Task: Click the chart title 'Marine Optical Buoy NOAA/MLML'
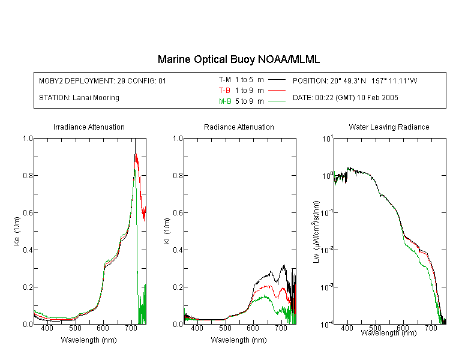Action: tap(238, 59)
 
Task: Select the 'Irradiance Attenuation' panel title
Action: tap(89, 127)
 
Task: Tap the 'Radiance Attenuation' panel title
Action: tap(239, 127)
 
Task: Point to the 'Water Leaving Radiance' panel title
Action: tap(389, 127)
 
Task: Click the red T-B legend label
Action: tap(224, 91)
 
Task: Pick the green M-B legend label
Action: tap(225, 101)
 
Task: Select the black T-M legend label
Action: tap(225, 80)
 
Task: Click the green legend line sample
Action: tap(277, 101)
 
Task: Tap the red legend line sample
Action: tap(277, 91)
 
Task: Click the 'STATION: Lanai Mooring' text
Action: tap(79, 98)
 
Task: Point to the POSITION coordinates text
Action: tap(355, 80)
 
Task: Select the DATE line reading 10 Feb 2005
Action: tap(345, 98)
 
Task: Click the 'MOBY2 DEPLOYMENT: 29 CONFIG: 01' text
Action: tap(103, 80)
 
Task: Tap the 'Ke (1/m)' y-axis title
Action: tap(17, 232)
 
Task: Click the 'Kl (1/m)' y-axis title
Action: tap(167, 232)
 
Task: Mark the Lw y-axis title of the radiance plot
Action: tap(316, 232)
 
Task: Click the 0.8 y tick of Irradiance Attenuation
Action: tap(28, 175)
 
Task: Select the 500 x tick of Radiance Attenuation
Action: tap(225, 328)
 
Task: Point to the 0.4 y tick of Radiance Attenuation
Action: tap(178, 250)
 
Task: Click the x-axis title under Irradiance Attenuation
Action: tap(89, 340)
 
